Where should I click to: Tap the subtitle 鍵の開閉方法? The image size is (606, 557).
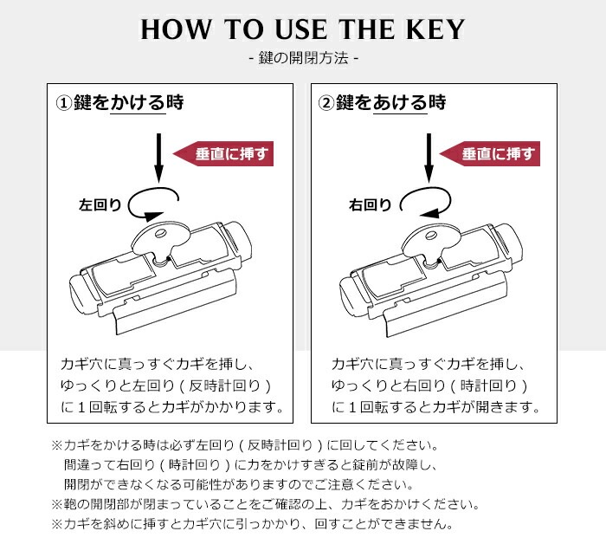(302, 60)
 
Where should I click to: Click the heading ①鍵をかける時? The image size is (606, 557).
(120, 103)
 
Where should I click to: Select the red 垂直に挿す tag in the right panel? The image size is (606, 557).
(491, 153)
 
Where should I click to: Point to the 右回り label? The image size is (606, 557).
(370, 205)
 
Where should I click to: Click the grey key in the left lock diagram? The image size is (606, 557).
(161, 240)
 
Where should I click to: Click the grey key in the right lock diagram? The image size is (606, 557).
(430, 240)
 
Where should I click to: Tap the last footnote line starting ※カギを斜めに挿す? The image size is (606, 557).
(251, 525)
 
